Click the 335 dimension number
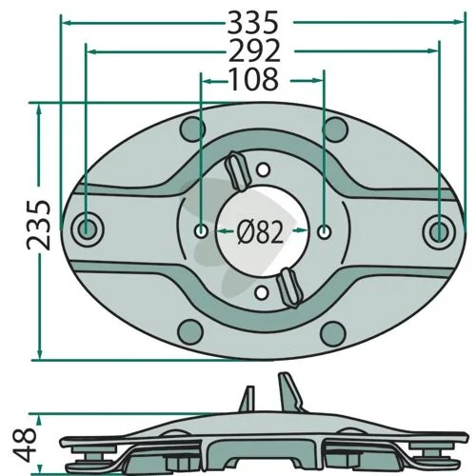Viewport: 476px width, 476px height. click(x=253, y=23)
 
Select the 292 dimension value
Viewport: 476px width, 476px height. click(x=254, y=50)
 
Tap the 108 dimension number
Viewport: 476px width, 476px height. click(x=254, y=79)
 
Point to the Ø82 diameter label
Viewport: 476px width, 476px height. click(x=260, y=233)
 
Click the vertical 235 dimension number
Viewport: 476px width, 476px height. click(x=39, y=225)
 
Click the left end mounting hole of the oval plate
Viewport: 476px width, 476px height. click(x=87, y=229)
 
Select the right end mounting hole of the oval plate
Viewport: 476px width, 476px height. click(x=440, y=231)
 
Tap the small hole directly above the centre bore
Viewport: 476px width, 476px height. click(x=263, y=169)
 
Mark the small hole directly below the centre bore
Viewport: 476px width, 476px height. click(x=262, y=292)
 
